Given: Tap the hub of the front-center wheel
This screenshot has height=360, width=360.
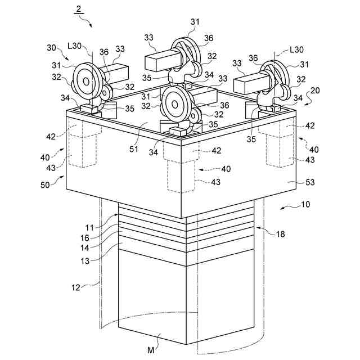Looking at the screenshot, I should (173, 103).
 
